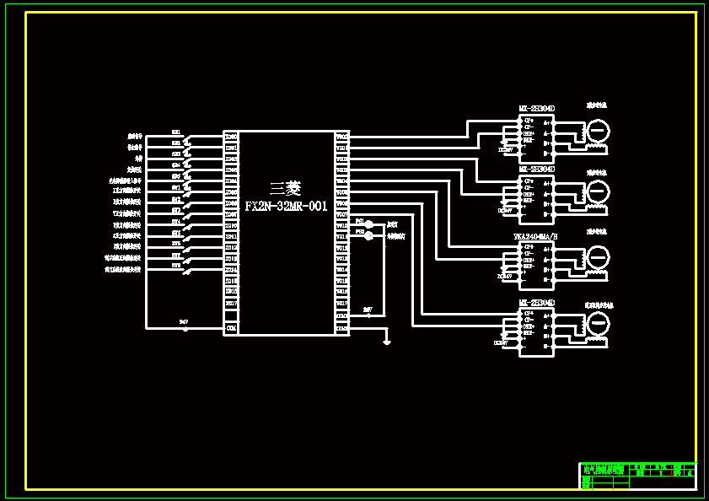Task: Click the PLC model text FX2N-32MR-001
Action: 286,207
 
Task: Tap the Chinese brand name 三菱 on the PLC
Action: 285,189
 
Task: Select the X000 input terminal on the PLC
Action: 231,137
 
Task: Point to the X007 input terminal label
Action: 231,214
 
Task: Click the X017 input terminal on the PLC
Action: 231,304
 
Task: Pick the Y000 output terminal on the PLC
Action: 341,137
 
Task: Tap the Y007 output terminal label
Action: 341,214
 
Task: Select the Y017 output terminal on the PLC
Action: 341,304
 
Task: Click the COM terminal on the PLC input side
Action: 231,327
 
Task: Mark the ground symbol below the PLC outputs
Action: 386,342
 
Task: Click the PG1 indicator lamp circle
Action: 368,224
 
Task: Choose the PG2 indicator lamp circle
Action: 368,236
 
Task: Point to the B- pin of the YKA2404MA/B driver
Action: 546,278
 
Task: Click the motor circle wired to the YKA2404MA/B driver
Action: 598,256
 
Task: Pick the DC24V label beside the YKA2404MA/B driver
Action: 505,276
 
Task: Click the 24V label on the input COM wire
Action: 184,322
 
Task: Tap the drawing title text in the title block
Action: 605,471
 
